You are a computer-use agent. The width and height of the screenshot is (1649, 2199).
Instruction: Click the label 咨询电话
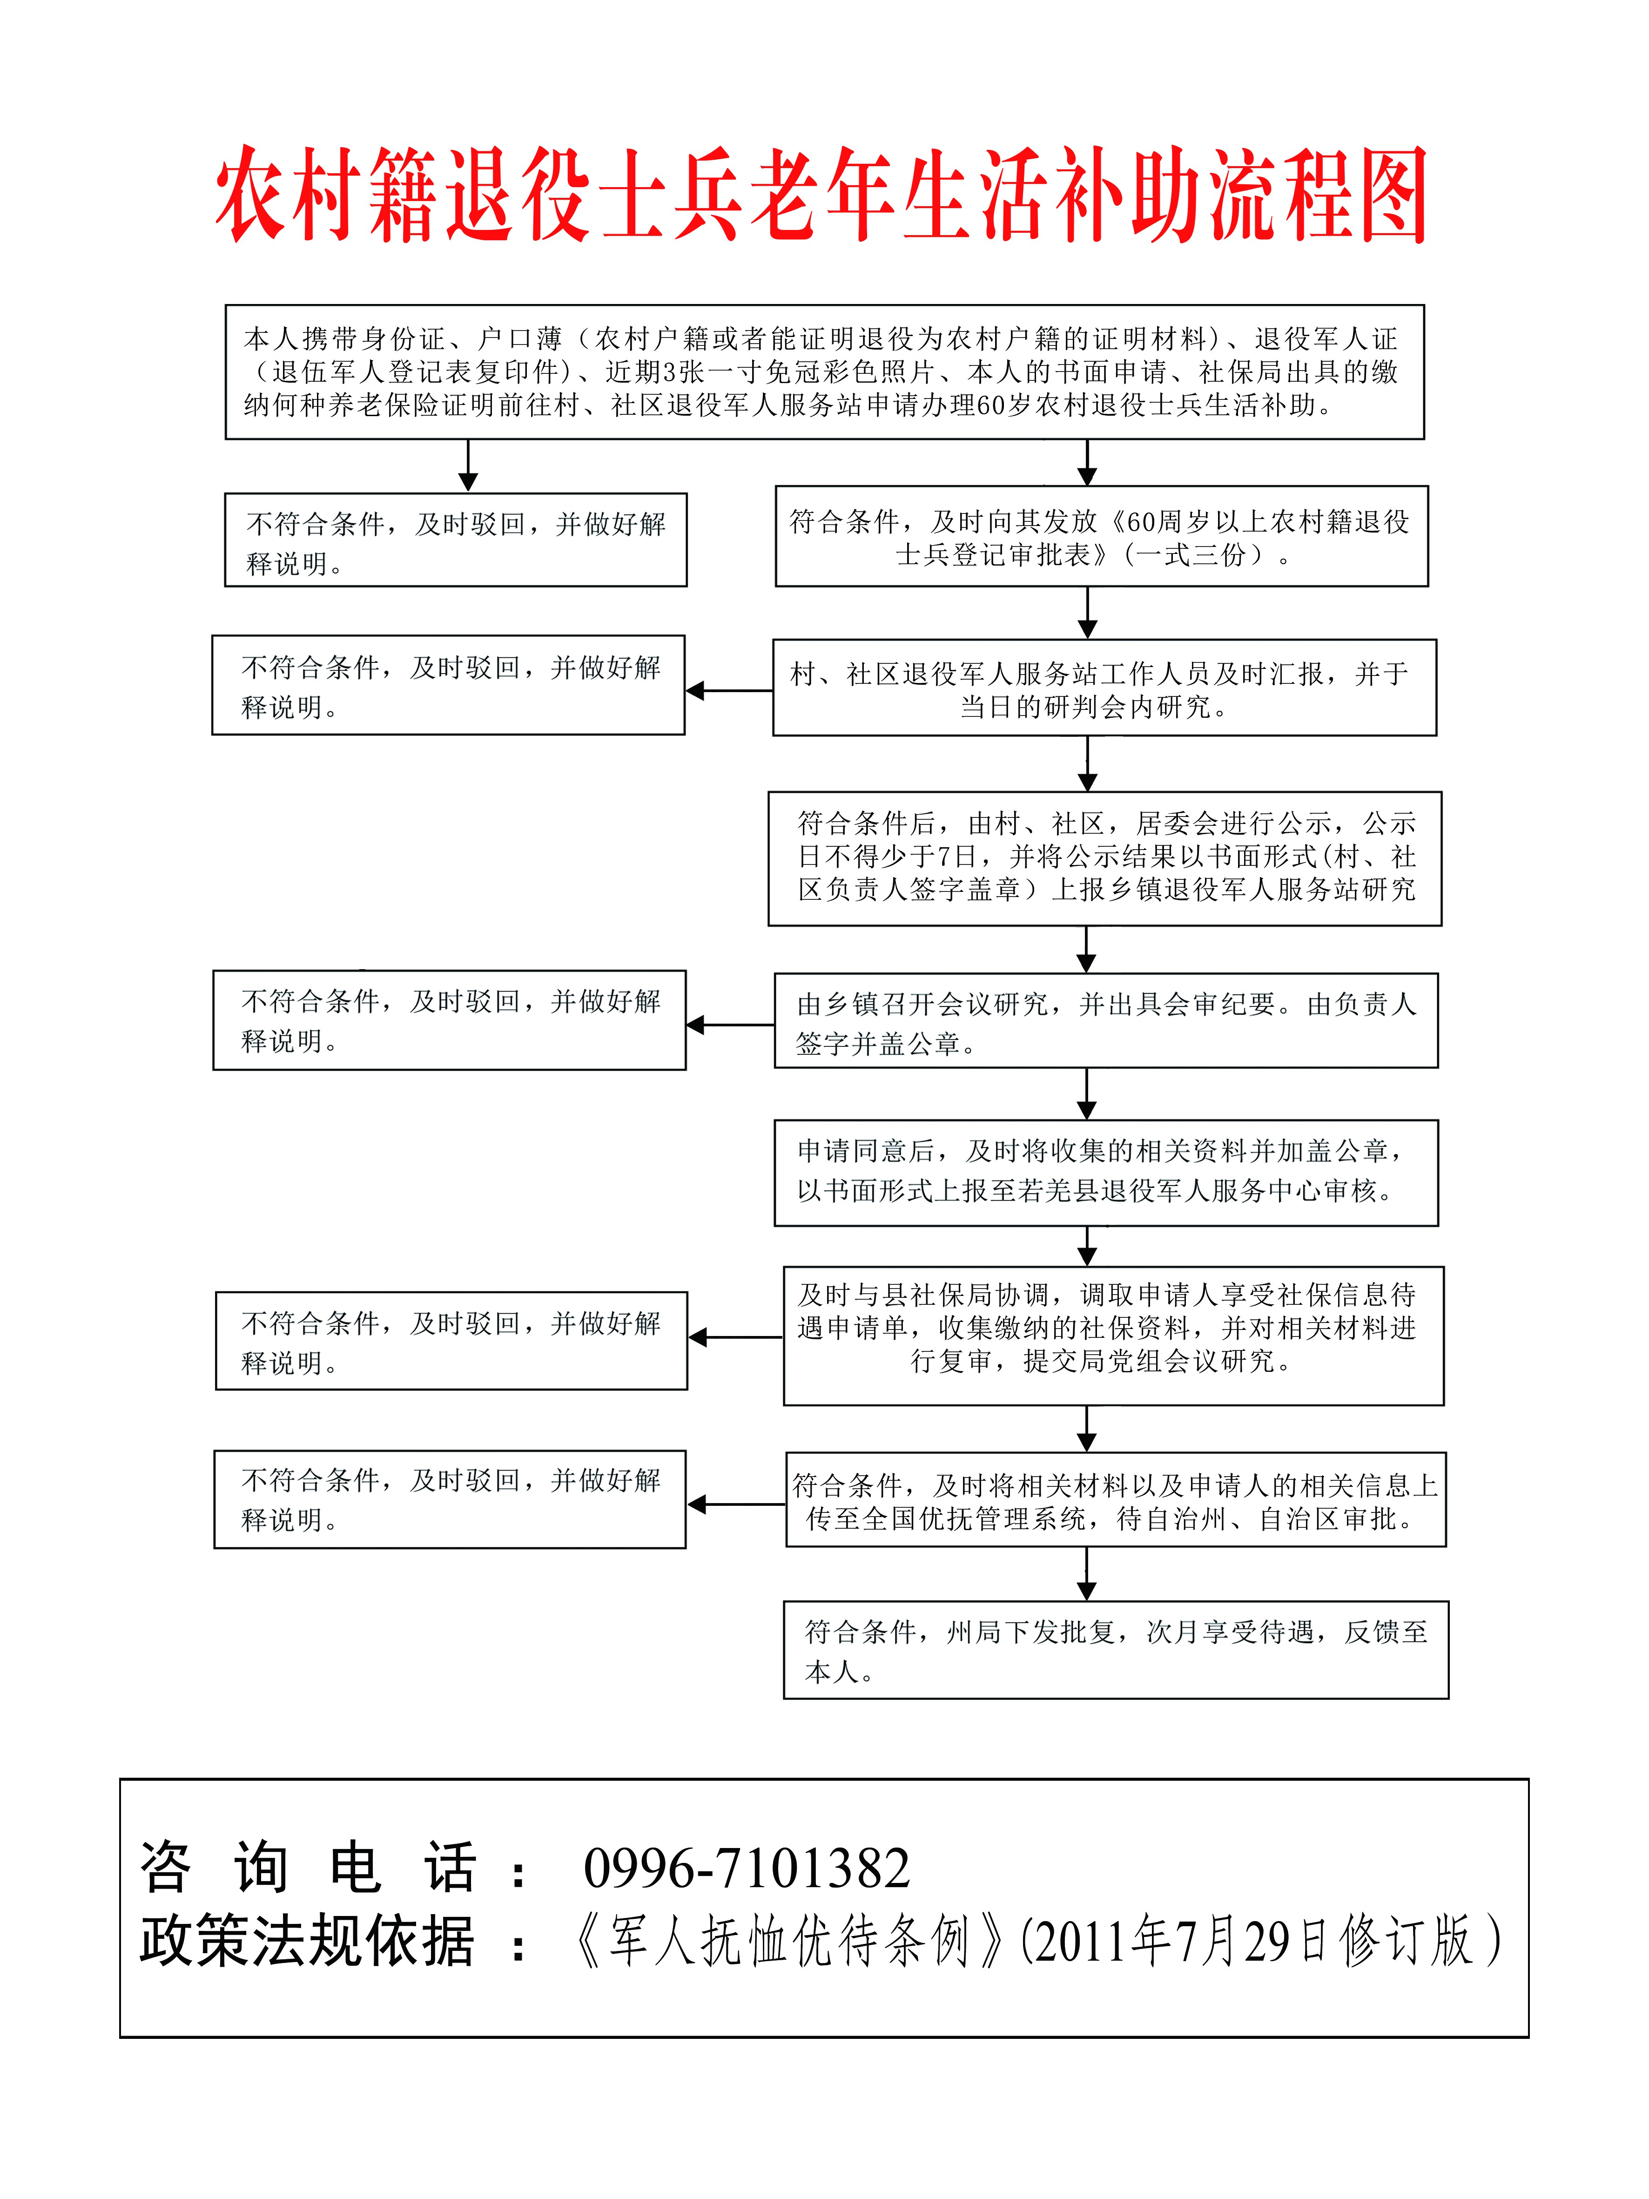click(x=308, y=1867)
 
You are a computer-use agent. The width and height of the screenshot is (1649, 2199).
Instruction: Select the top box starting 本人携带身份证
click(x=824, y=372)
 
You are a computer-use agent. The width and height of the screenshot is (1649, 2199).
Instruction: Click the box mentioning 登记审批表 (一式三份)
click(x=1100, y=537)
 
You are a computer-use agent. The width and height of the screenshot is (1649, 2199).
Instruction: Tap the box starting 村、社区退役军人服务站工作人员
click(x=1104, y=688)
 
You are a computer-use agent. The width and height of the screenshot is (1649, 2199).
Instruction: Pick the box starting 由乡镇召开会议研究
click(x=1105, y=1021)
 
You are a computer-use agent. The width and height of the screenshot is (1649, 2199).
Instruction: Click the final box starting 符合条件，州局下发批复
click(x=1115, y=1650)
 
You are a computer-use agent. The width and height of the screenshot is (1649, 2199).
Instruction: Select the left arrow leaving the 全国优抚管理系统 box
click(x=735, y=1504)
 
